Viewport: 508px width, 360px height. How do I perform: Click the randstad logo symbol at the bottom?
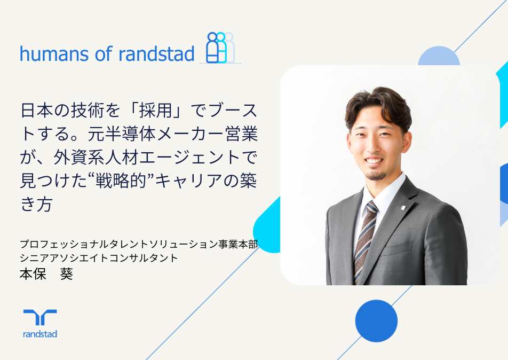(x=40, y=318)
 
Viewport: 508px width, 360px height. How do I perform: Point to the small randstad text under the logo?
(x=40, y=334)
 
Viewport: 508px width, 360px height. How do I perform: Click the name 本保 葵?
(x=46, y=275)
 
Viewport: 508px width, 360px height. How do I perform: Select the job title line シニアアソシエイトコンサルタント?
(x=98, y=257)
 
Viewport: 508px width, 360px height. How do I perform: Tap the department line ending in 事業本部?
(x=139, y=245)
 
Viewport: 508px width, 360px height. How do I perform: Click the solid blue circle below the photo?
(x=376, y=320)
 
